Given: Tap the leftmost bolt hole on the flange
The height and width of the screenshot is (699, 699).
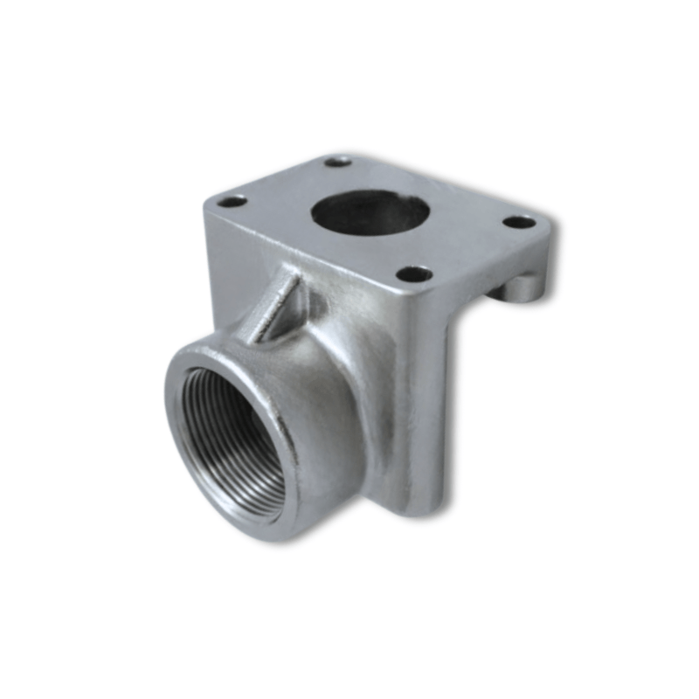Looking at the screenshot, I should [232, 202].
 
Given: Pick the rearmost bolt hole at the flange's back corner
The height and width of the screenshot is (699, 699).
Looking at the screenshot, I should [337, 162].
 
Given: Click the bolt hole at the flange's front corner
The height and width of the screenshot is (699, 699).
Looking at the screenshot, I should [414, 274].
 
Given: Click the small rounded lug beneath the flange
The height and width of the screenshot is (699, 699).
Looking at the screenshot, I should [523, 287].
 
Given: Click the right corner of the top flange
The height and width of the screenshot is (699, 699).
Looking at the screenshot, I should [550, 229].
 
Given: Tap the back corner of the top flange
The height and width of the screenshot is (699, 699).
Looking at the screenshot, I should [339, 153].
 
